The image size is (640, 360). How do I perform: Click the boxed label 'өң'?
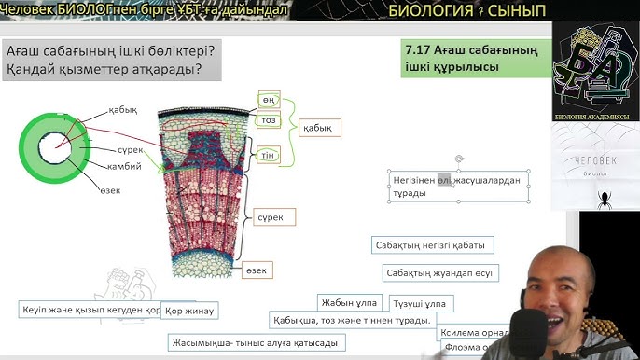269,101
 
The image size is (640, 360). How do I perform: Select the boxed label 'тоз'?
269,120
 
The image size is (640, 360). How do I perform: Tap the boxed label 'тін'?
269,154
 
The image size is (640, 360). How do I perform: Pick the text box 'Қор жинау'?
189,310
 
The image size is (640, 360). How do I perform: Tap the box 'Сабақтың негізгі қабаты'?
433,245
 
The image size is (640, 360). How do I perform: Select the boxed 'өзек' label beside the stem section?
257,270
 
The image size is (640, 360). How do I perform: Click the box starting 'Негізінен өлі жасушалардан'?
459,186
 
